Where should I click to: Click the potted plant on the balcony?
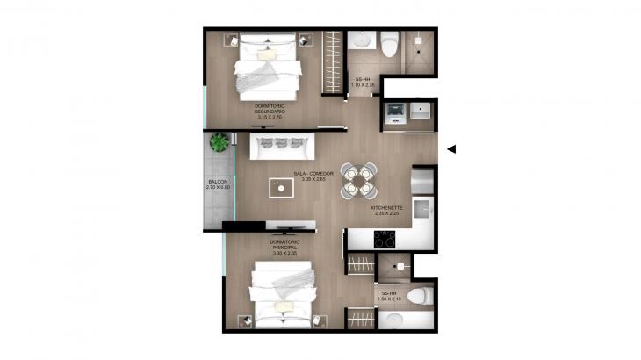[220, 141]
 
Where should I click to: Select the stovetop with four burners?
[386, 238]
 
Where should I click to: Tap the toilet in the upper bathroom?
[389, 41]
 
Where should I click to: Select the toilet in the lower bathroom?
[419, 294]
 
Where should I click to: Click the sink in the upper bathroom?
[360, 40]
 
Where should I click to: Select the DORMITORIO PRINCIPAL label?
[285, 244]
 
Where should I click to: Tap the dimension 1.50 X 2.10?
[387, 299]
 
